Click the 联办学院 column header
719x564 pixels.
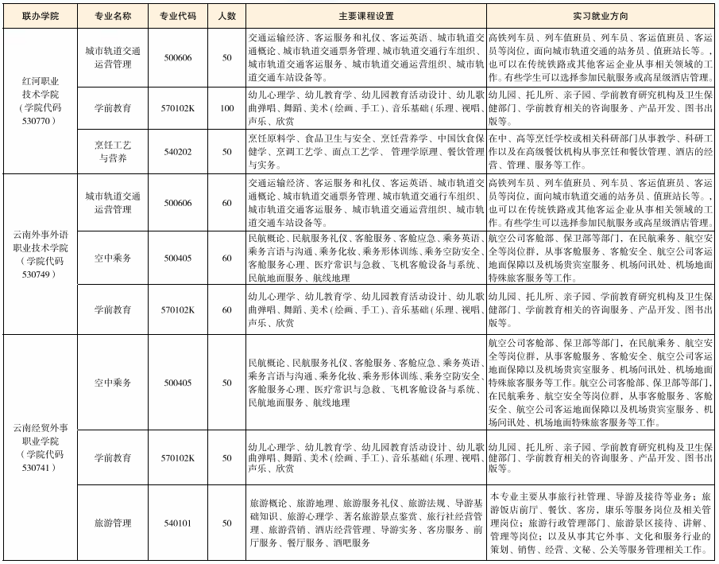coord(40,15)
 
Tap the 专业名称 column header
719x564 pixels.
coord(112,15)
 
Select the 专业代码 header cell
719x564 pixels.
coord(177,15)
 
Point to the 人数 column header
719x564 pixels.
coord(226,15)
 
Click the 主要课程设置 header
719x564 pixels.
coord(365,15)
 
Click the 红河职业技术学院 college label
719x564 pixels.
coord(40,100)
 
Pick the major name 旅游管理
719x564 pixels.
coord(112,523)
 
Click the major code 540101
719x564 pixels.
coord(177,523)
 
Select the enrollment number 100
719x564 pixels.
coord(226,107)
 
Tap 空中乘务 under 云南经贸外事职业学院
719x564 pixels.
coord(112,383)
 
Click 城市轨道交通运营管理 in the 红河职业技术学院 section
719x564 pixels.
coord(112,57)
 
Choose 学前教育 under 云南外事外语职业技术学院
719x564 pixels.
coord(112,309)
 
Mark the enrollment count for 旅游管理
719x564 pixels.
coord(226,523)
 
